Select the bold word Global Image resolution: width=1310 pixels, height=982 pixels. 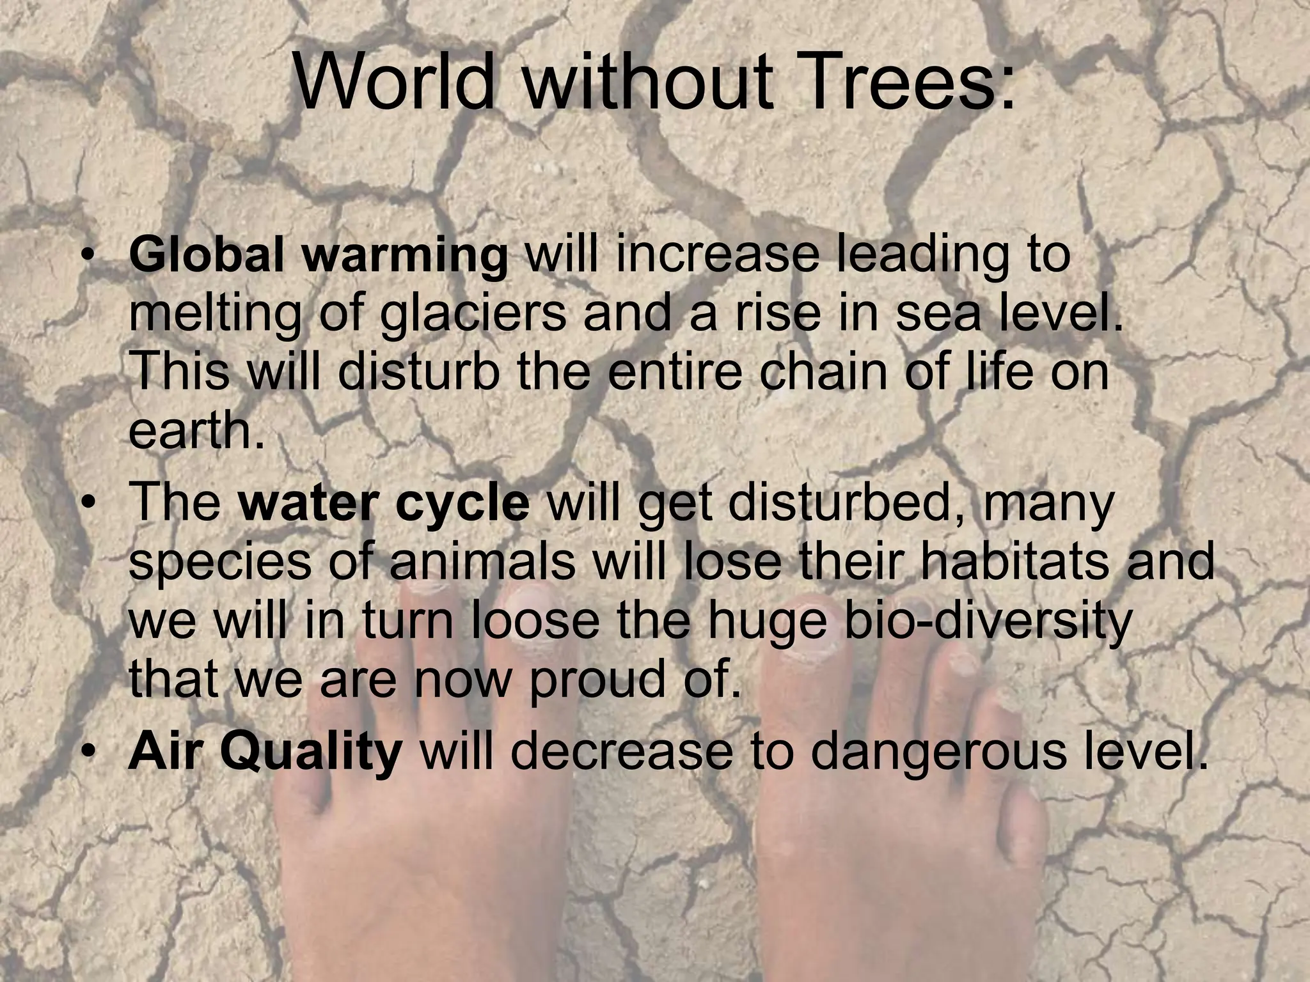(x=206, y=254)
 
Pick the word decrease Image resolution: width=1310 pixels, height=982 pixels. (x=620, y=752)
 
